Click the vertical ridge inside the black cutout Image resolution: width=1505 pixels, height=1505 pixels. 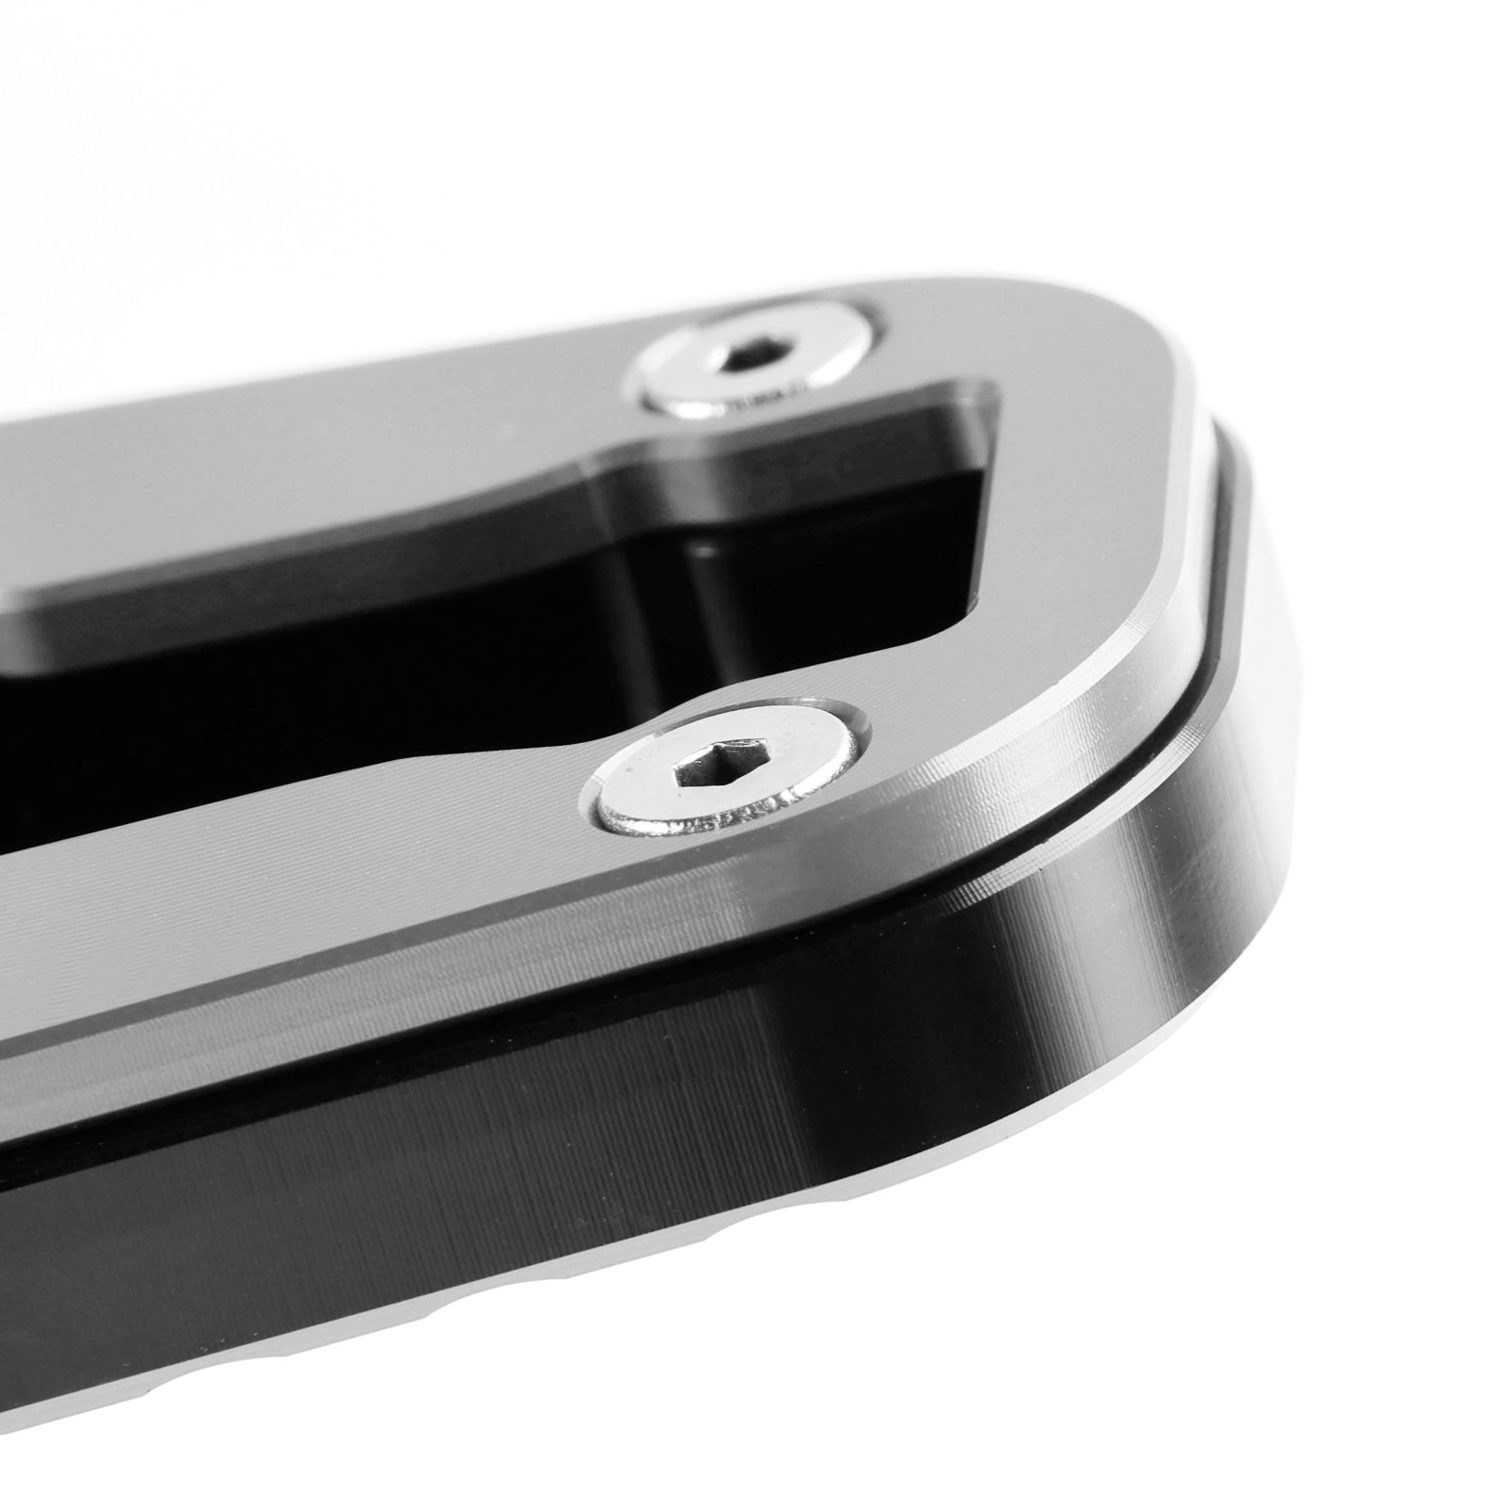tap(696, 602)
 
